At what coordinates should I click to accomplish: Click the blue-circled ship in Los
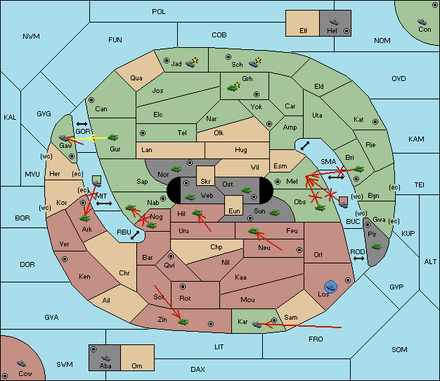point(331,287)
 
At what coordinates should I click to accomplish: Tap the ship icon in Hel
point(334,22)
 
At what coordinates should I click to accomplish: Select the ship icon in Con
point(422,22)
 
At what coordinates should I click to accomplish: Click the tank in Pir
point(376,246)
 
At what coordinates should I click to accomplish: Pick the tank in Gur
point(112,137)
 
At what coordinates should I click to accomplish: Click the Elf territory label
point(304,31)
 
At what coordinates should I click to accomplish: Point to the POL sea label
point(159,12)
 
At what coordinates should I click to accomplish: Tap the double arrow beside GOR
point(82,124)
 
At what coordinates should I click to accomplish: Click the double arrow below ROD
point(358,258)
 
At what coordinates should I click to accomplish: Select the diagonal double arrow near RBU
point(135,235)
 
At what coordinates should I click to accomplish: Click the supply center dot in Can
point(91,100)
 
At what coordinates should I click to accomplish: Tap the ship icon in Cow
point(21,363)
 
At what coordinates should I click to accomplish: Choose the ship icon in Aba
point(105,357)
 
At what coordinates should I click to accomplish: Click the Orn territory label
point(137,366)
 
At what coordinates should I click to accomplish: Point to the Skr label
point(205,182)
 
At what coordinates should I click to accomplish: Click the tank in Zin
point(183,321)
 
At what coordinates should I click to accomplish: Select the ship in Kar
point(257,324)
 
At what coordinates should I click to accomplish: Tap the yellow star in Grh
point(238,85)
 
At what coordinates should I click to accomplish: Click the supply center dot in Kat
point(375,122)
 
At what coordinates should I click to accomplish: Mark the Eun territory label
point(234,211)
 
